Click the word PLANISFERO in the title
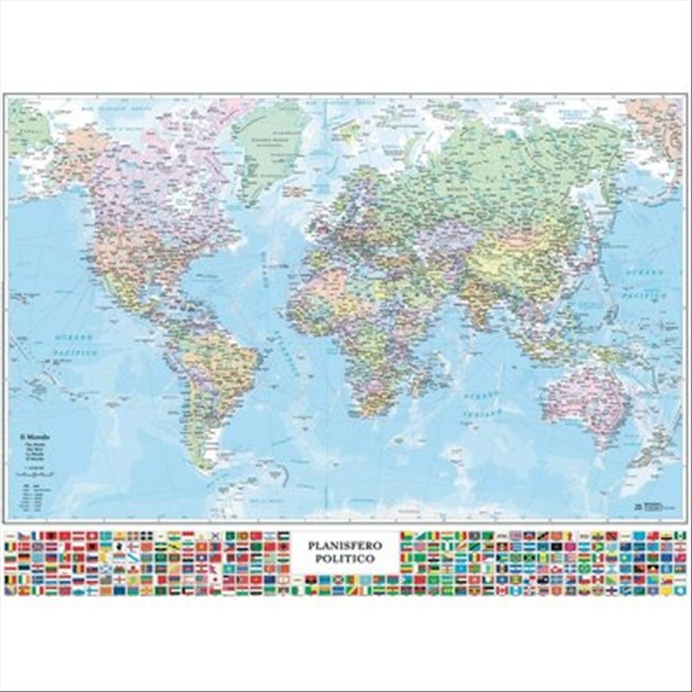[344, 545]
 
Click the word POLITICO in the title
[344, 558]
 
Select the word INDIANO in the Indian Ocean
[481, 413]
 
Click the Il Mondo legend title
[32, 438]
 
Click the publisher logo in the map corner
[650, 507]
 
